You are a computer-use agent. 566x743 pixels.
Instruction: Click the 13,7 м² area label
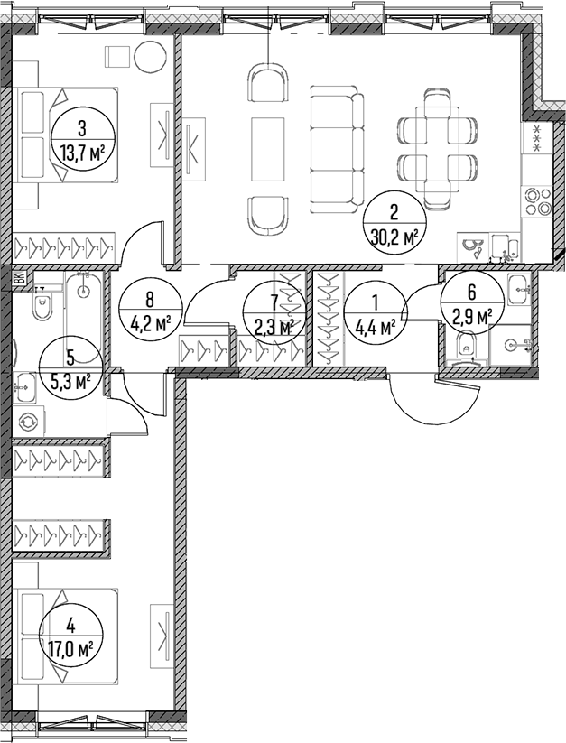click(x=82, y=153)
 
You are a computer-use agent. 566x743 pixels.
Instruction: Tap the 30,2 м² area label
click(x=394, y=236)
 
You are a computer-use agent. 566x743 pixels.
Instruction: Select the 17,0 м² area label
click(x=70, y=646)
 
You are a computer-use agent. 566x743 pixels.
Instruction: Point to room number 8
click(x=150, y=300)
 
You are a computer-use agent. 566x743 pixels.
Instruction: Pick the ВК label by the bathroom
click(x=20, y=278)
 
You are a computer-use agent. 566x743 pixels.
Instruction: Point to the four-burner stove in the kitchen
click(x=536, y=201)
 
